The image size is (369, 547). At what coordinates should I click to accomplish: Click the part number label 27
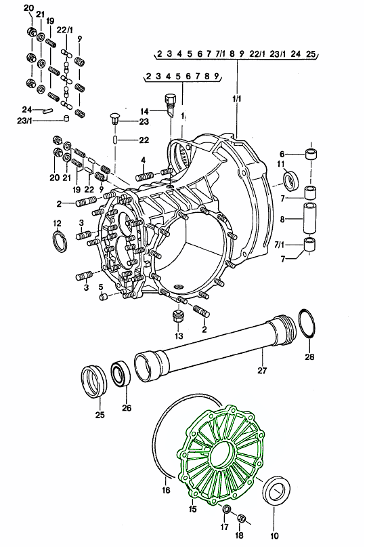coord(261,370)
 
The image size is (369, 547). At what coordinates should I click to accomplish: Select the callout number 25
coord(100,415)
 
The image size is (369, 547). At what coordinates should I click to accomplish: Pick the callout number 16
coord(166,490)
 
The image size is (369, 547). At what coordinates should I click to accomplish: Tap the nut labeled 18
coord(240,519)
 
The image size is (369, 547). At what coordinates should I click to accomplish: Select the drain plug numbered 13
coord(178,317)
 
